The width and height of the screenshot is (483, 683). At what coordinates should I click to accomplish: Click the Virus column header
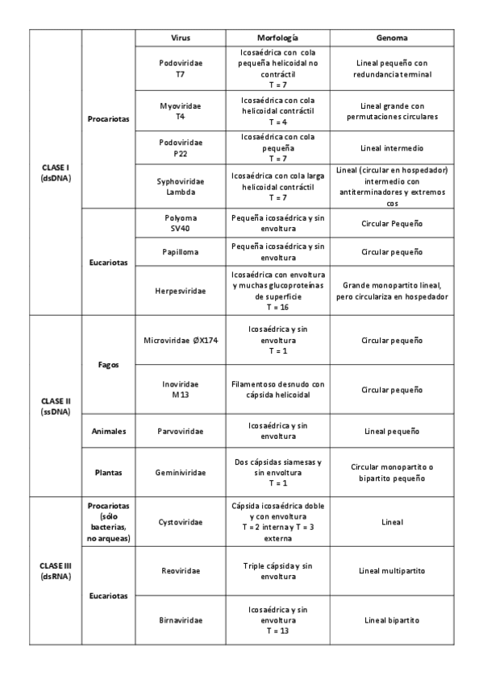(x=181, y=38)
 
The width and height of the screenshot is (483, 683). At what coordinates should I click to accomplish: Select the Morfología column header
(x=277, y=38)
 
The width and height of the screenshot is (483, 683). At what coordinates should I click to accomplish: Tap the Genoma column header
(x=391, y=38)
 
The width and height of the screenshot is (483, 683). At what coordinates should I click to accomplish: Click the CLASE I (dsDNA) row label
(x=56, y=172)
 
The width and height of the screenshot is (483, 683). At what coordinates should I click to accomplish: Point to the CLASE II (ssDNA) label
(x=56, y=405)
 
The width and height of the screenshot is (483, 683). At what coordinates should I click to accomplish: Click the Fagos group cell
(x=108, y=364)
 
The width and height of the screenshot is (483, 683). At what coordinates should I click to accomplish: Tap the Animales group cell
(x=108, y=432)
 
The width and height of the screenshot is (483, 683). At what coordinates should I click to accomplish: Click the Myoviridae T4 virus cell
(x=181, y=111)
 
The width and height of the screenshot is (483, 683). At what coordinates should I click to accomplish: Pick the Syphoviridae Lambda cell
(x=181, y=187)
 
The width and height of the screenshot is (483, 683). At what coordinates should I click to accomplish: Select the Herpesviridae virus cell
(x=181, y=290)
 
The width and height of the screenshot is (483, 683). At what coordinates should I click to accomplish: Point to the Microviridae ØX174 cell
(x=181, y=341)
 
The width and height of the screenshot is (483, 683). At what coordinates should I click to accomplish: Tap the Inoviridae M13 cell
(x=181, y=389)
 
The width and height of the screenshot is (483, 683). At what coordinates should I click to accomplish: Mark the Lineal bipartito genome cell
(x=391, y=620)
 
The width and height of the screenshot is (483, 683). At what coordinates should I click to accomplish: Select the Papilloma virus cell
(x=181, y=252)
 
